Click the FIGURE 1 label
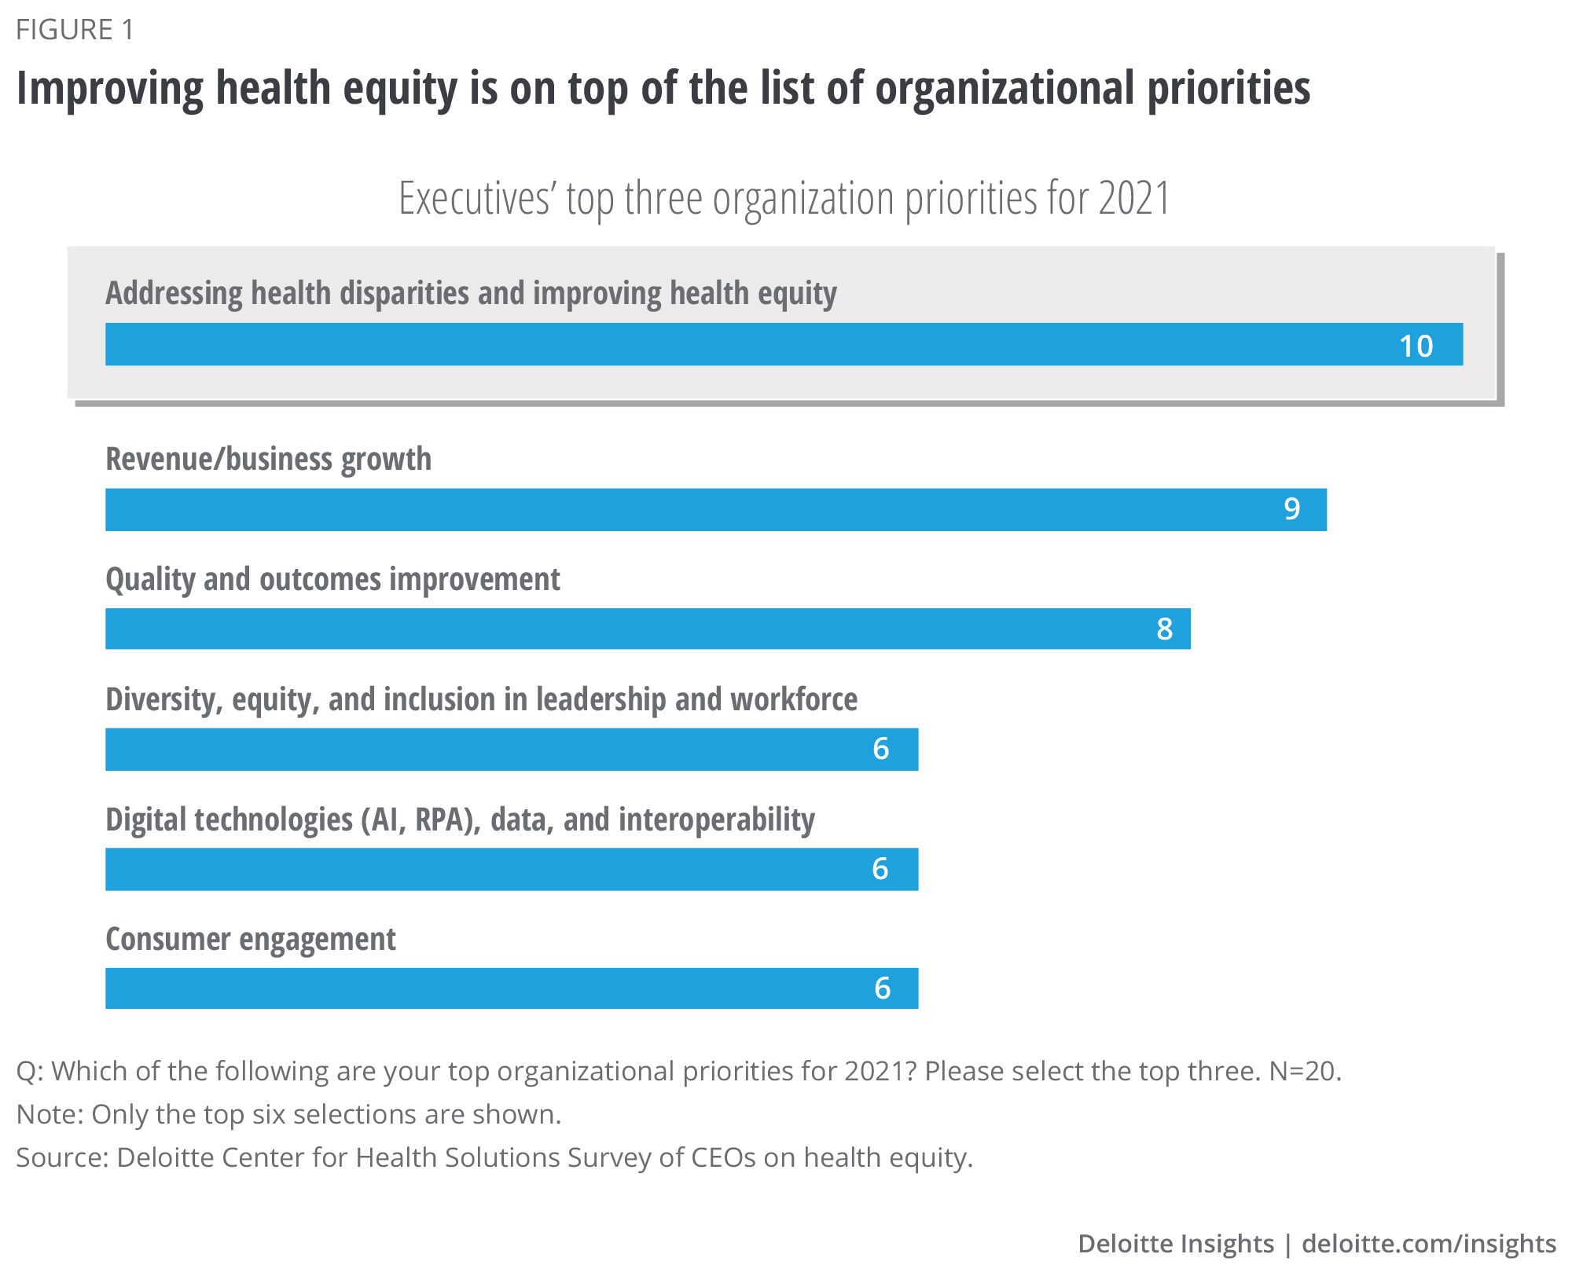click(75, 30)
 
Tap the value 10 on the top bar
click(1416, 346)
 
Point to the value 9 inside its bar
click(1291, 509)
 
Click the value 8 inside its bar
click(1164, 629)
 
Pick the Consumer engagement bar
click(511, 988)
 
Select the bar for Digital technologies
click(511, 868)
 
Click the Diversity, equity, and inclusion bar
click(511, 749)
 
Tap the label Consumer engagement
click(251, 939)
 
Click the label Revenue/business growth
click(268, 459)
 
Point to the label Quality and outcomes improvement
click(332, 579)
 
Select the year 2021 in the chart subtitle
click(1133, 198)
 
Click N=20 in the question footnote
click(1305, 1071)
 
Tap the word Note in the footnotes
click(49, 1114)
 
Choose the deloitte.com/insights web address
click(1428, 1244)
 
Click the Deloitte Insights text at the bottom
click(1175, 1244)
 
